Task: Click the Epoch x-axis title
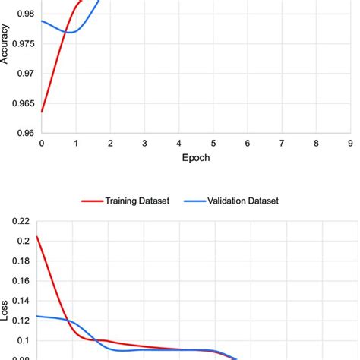[x=195, y=158]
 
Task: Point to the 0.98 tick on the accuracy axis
[x=24, y=14]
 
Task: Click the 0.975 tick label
[x=21, y=43]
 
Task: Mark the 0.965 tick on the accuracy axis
[x=21, y=103]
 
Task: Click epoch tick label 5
[x=213, y=143]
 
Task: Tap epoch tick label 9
[x=350, y=143]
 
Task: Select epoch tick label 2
[x=110, y=143]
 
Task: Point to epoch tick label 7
[x=282, y=143]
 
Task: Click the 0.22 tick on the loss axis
[x=20, y=221]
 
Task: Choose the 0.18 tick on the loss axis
[x=20, y=261]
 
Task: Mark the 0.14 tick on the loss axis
[x=20, y=300]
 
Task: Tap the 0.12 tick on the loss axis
[x=20, y=320]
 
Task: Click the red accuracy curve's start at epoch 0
[x=42, y=112]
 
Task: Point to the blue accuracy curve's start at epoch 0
[x=42, y=21]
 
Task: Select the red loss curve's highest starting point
[x=37, y=236]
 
